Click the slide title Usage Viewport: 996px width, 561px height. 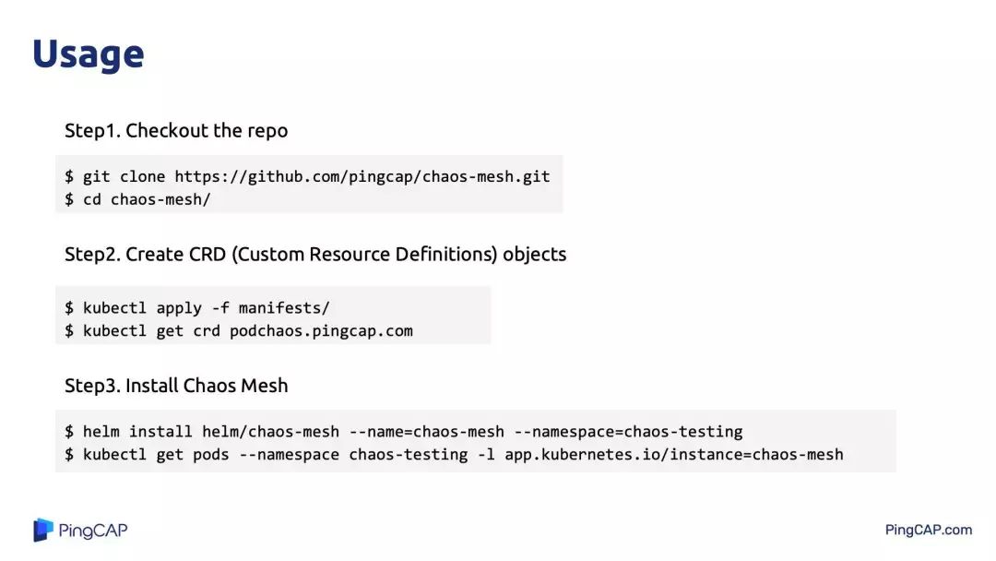88,54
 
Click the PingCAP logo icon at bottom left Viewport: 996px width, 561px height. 43,530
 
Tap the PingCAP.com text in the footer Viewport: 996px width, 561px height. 928,530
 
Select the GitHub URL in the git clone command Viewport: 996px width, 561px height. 362,176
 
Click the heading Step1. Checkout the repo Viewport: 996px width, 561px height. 176,131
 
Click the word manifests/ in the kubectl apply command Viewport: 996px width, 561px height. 284,307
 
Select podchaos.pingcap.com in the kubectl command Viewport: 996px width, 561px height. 321,330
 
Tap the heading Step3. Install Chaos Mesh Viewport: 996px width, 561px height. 176,386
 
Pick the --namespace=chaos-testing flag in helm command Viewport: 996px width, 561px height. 628,431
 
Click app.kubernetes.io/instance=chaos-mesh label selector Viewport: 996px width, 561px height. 673,454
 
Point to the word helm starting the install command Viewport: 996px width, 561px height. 101,431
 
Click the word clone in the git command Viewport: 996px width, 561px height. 142,176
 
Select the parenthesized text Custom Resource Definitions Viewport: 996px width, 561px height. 363,255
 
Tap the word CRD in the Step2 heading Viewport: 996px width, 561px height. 205,255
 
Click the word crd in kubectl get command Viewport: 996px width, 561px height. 207,330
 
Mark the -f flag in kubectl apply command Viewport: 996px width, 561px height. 220,307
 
